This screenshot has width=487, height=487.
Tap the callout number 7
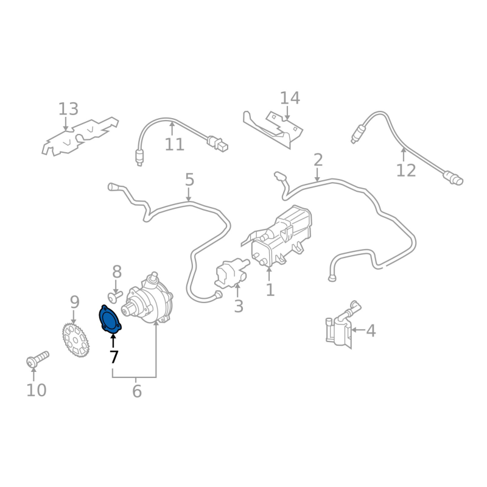pyautogui.click(x=114, y=357)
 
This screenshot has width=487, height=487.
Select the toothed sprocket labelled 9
pyautogui.click(x=75, y=340)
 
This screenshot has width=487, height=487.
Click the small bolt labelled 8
pyautogui.click(x=115, y=295)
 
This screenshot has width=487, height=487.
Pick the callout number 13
pyautogui.click(x=68, y=109)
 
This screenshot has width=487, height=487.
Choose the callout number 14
pyautogui.click(x=290, y=98)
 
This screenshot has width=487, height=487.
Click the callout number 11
pyautogui.click(x=175, y=144)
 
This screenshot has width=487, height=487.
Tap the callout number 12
pyautogui.click(x=406, y=170)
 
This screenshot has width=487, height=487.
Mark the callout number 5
pyautogui.click(x=189, y=180)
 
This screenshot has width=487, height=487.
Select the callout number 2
pyautogui.click(x=318, y=160)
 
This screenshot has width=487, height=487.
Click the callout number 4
pyautogui.click(x=371, y=331)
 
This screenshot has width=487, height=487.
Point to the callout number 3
pyautogui.click(x=238, y=306)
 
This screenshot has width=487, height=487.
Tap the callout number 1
pyautogui.click(x=270, y=290)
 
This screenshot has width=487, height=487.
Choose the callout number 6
pyautogui.click(x=136, y=391)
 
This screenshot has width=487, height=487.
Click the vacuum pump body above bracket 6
pyautogui.click(x=148, y=299)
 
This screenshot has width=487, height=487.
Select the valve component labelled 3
pyautogui.click(x=232, y=272)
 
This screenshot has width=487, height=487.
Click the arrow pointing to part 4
pyautogui.click(x=359, y=330)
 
